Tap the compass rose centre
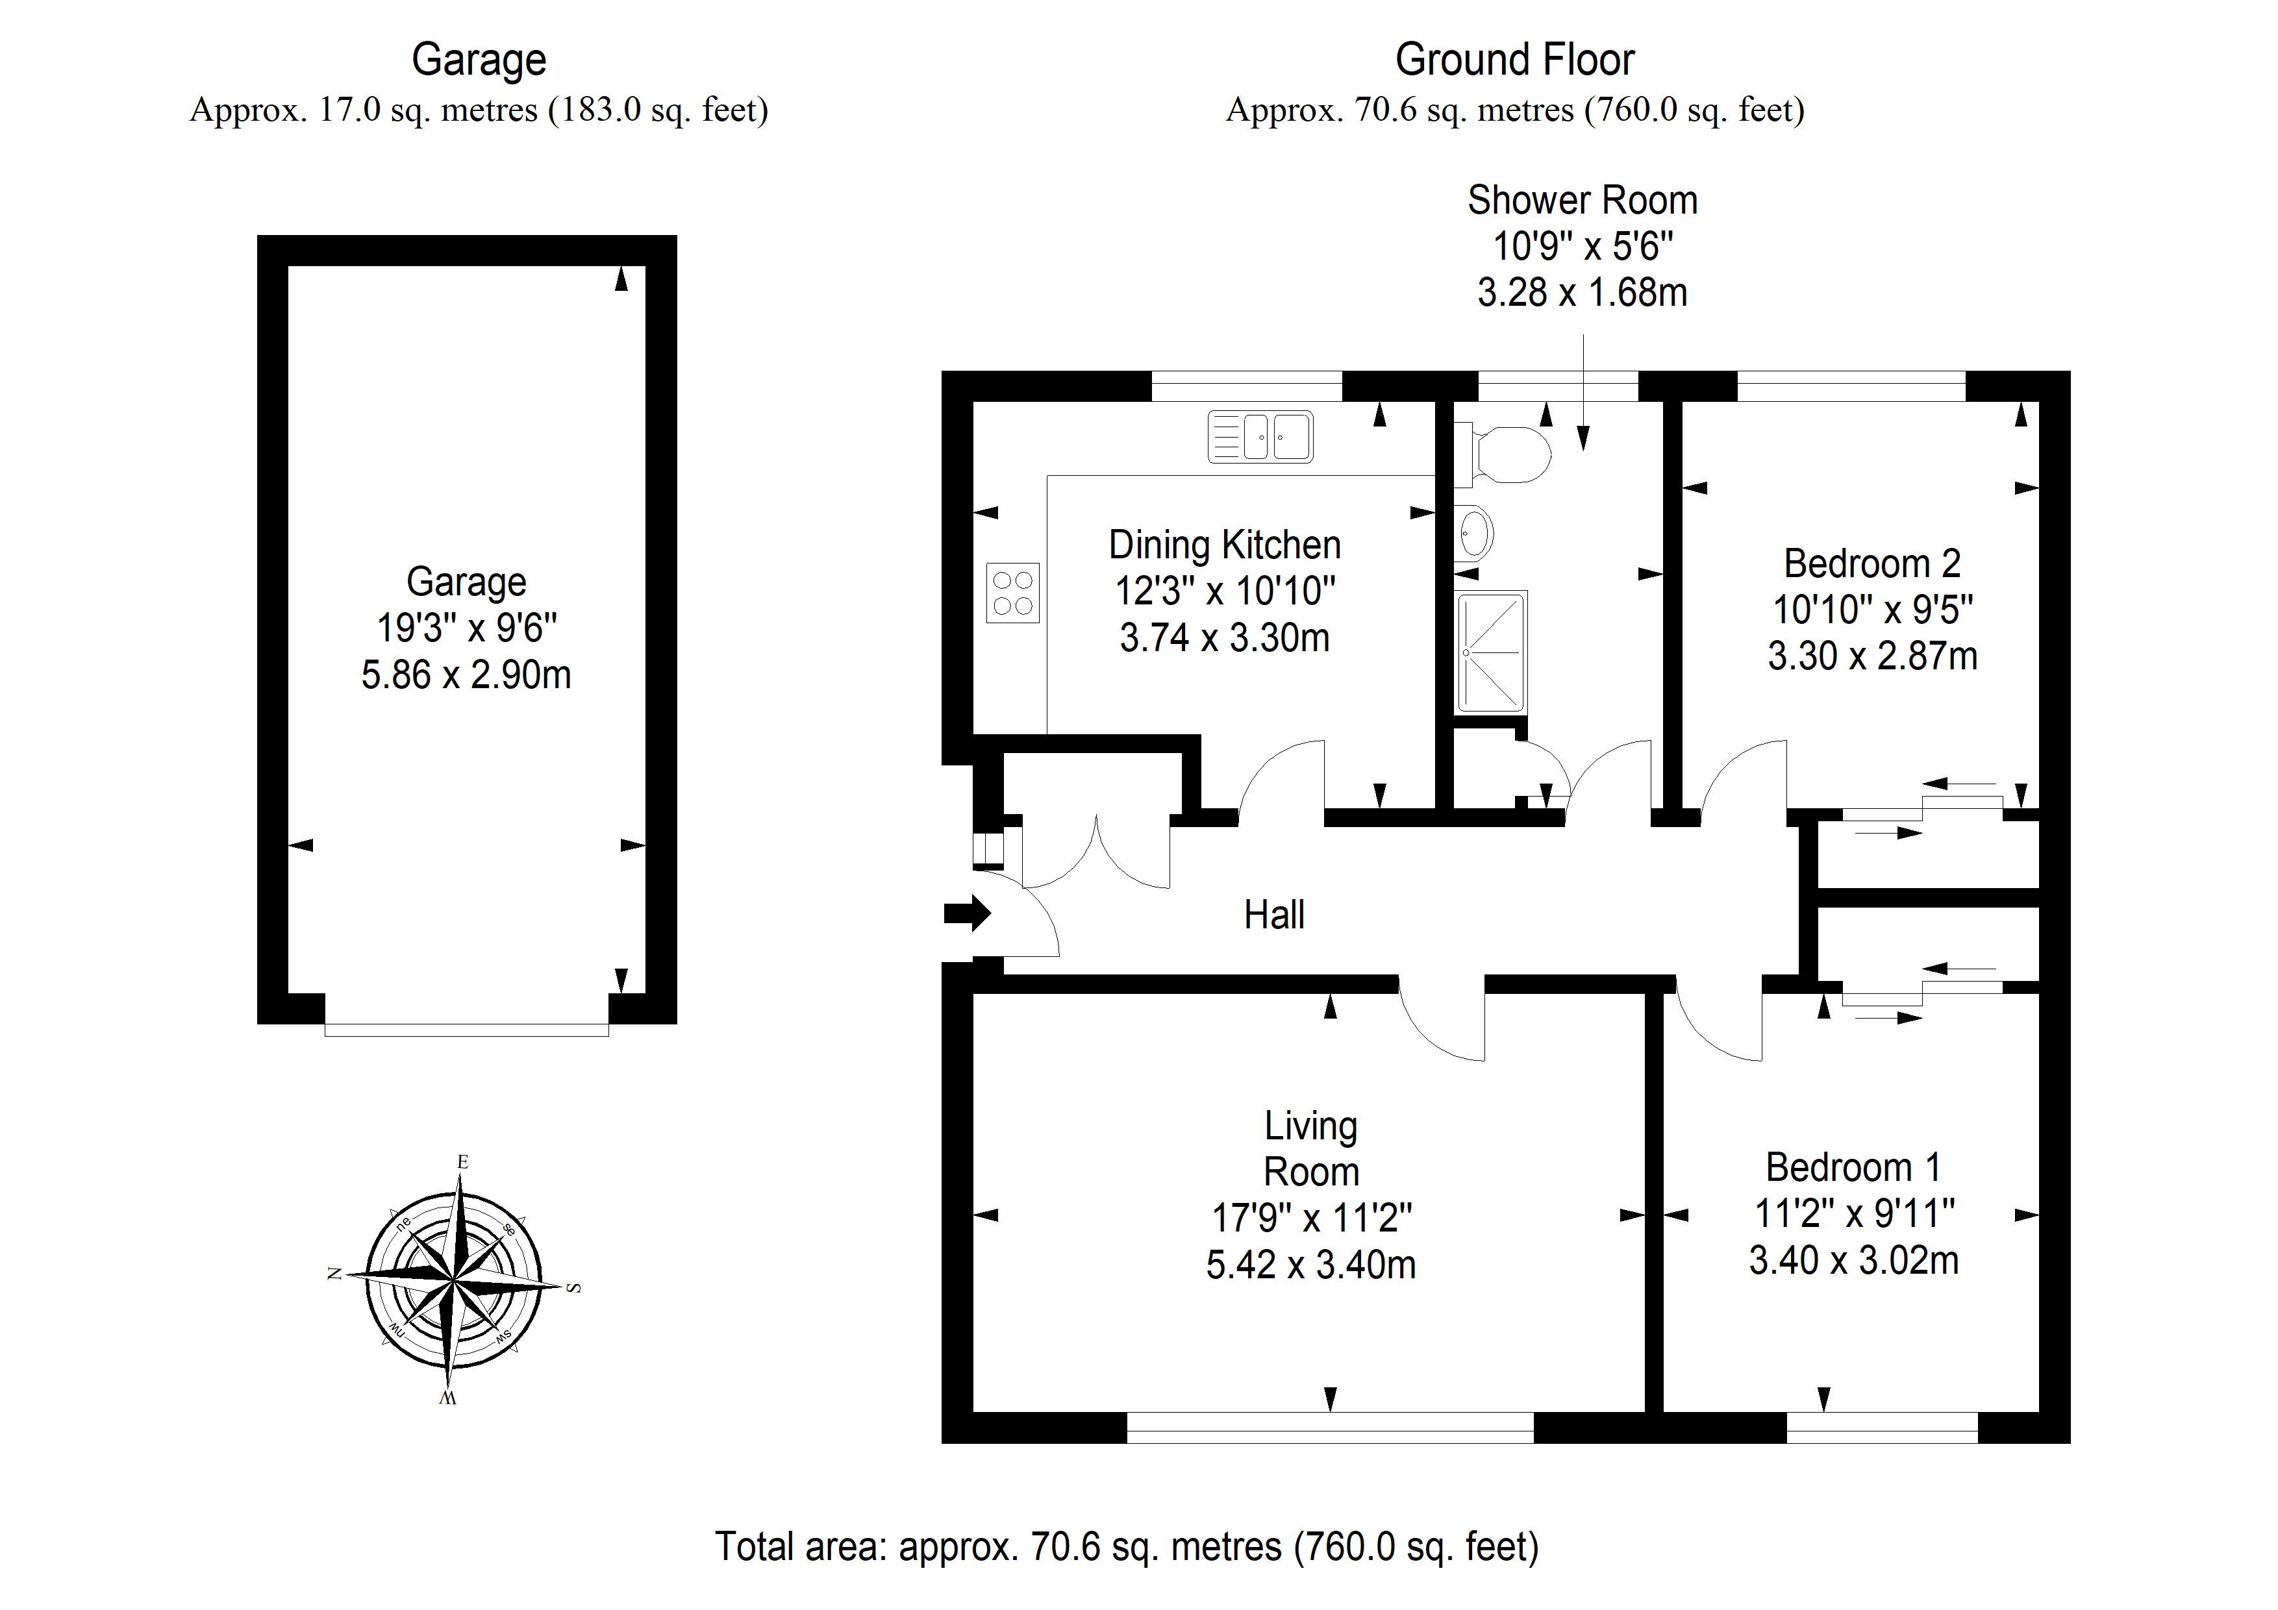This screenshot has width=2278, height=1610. [x=455, y=1281]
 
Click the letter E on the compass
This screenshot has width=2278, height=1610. [x=462, y=1161]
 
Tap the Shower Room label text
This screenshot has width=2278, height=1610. [x=1583, y=201]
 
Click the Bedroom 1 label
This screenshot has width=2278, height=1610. [x=1853, y=1167]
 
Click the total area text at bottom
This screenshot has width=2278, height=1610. [x=1127, y=1546]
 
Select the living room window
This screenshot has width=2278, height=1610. [x=1331, y=1428]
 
